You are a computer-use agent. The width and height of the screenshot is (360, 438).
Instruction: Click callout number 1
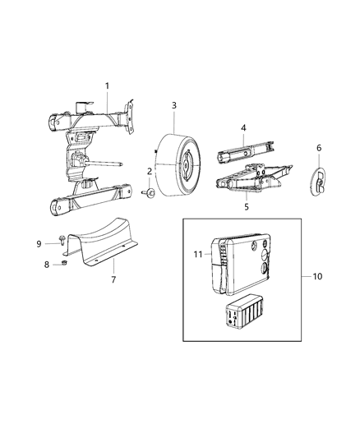(x=107, y=86)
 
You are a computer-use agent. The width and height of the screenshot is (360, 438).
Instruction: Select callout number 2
(x=149, y=171)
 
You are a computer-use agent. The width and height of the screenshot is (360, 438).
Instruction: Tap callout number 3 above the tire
(x=174, y=105)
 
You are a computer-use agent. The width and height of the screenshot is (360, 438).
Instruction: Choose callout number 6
(x=319, y=148)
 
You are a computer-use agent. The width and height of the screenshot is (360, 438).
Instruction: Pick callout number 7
(x=113, y=279)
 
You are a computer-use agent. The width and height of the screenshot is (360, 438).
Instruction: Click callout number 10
(x=319, y=276)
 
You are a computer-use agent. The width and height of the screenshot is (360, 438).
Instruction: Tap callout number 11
(x=196, y=255)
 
